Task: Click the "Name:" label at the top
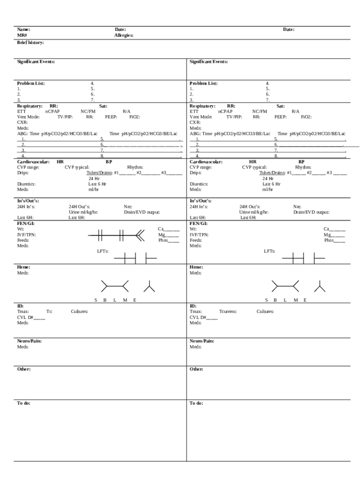coord(24,29)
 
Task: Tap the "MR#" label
coord(22,35)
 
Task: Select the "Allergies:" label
coord(124,35)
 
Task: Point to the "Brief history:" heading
coord(31,43)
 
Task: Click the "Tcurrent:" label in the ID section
coord(228,311)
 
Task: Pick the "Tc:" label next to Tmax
coord(50,311)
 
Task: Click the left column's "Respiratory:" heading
coord(30,106)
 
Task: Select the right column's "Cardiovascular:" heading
coord(206,162)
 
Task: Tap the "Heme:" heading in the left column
coord(24,267)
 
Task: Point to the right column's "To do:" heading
coord(196,403)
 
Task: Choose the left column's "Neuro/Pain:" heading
coord(29,341)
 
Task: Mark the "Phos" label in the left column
coord(163,240)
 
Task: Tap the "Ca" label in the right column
coord(326,229)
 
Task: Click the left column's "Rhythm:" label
coord(135,167)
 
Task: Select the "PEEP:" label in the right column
coord(281,117)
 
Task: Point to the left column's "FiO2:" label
coord(135,117)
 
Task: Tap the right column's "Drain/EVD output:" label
coord(311,212)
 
